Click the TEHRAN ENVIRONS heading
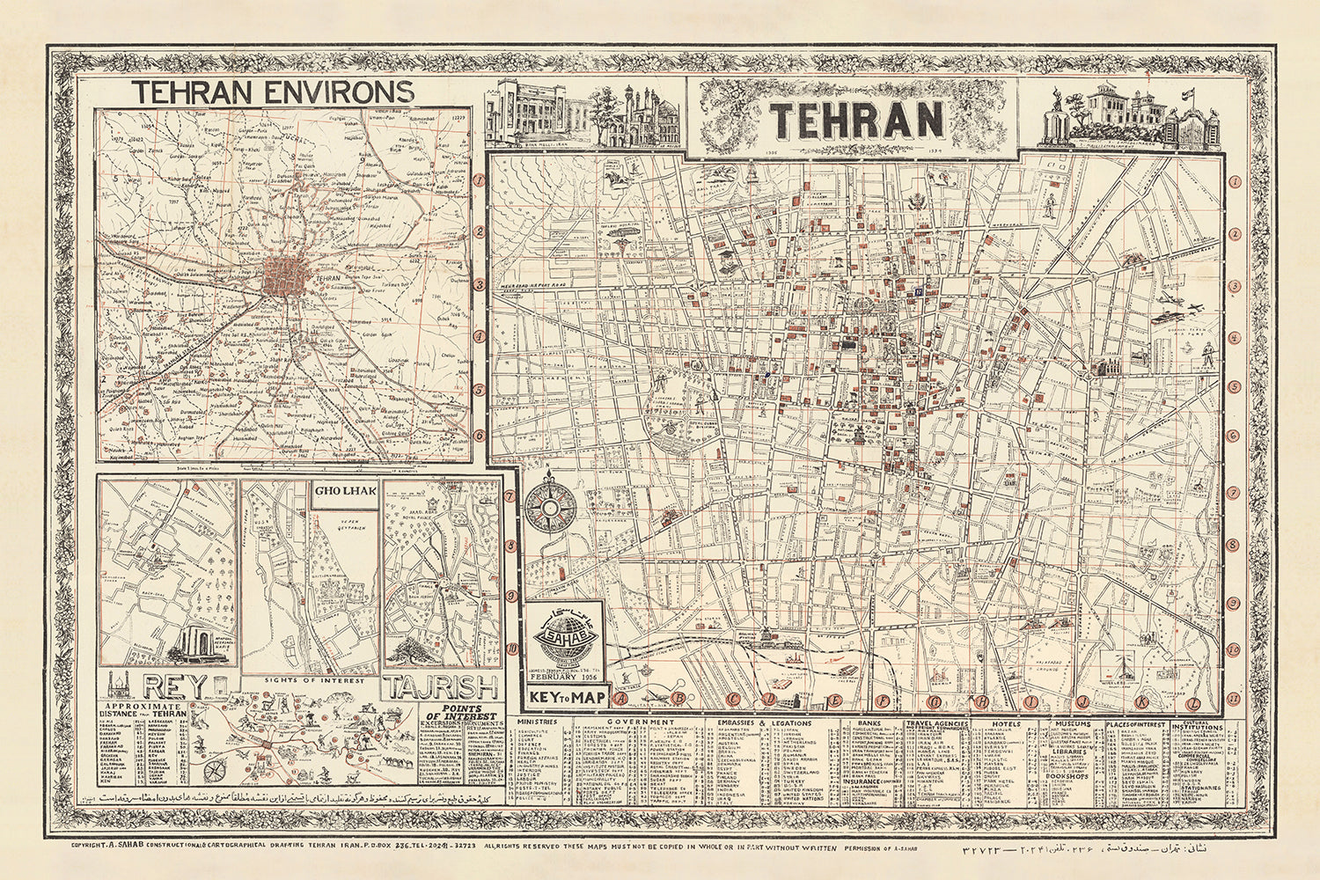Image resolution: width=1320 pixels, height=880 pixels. click(273, 91)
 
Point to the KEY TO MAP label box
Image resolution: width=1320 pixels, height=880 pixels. click(566, 697)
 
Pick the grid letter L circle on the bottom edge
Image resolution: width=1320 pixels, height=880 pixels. click(1193, 702)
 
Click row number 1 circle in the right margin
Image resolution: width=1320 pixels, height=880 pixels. click(1234, 182)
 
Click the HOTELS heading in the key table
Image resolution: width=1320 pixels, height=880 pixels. click(1005, 722)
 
